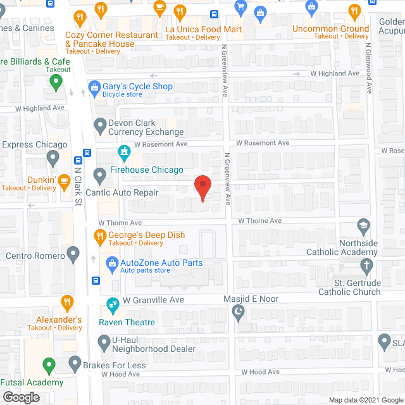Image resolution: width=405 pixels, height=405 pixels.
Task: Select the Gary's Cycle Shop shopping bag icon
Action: click(x=94, y=87)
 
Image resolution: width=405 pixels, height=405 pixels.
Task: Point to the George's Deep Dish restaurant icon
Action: click(x=99, y=237)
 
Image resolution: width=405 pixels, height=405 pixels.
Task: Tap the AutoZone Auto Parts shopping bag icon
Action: click(x=111, y=262)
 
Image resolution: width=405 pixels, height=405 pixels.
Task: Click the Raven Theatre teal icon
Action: click(x=113, y=305)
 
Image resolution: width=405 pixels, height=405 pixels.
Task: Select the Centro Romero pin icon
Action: click(x=73, y=256)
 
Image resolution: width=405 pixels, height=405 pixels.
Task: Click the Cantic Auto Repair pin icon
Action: click(x=99, y=175)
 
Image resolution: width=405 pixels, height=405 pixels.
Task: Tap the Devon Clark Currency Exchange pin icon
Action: click(x=99, y=127)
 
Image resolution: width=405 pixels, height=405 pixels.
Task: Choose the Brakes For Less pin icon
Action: click(x=74, y=364)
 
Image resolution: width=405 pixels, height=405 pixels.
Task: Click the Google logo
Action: click(x=20, y=397)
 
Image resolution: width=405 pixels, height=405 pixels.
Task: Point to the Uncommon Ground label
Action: click(x=330, y=28)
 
